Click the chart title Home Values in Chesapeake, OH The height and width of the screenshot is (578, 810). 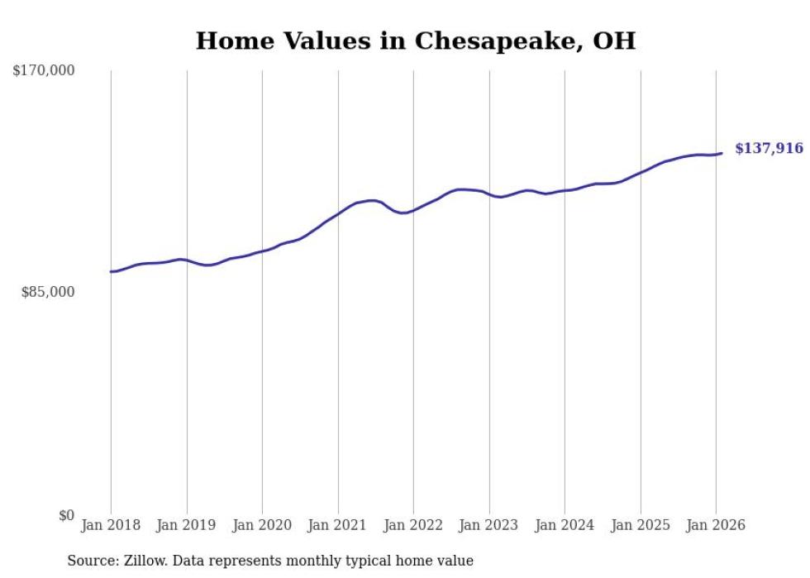tap(416, 41)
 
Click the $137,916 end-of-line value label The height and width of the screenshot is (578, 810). tap(769, 149)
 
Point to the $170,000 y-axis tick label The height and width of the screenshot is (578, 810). tap(44, 71)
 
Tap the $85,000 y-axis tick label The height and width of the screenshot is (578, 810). tap(48, 292)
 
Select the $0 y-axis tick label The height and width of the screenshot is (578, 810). tap(66, 515)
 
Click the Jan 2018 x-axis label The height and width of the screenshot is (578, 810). tap(111, 526)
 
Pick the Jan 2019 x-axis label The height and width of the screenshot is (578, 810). tap(187, 526)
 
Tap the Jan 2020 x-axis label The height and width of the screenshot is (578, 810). tap(262, 526)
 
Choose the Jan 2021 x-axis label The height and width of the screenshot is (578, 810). tap(338, 526)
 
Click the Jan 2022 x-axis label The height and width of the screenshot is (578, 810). tap(413, 526)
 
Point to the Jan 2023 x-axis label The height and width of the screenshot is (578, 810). tap(489, 526)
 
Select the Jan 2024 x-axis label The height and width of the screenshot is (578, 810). tap(565, 526)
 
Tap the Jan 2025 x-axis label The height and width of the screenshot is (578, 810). tap(641, 526)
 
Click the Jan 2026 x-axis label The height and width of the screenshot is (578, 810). tap(716, 526)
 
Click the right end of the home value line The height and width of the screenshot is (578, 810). tap(722, 153)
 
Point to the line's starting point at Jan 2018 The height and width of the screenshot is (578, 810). tap(112, 271)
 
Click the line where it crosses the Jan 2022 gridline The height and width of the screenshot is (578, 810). tap(413, 210)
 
